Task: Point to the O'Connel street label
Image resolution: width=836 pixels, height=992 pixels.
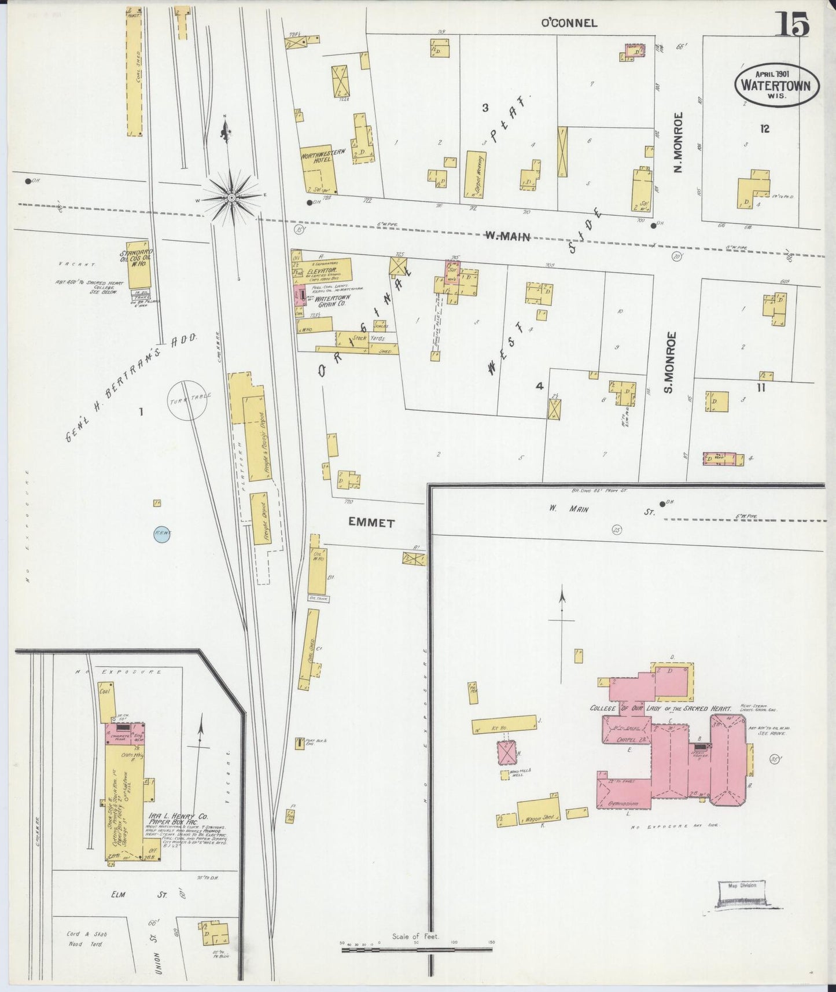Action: (x=568, y=23)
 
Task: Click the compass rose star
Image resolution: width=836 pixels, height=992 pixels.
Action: (x=231, y=198)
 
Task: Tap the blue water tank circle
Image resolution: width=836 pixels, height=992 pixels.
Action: (x=161, y=534)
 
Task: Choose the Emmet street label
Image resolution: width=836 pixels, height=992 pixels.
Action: (x=371, y=523)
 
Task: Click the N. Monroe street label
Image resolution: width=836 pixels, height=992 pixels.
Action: (x=679, y=142)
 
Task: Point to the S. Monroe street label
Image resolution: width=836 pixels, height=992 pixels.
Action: (x=671, y=362)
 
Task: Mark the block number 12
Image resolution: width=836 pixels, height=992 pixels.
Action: (x=765, y=129)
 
